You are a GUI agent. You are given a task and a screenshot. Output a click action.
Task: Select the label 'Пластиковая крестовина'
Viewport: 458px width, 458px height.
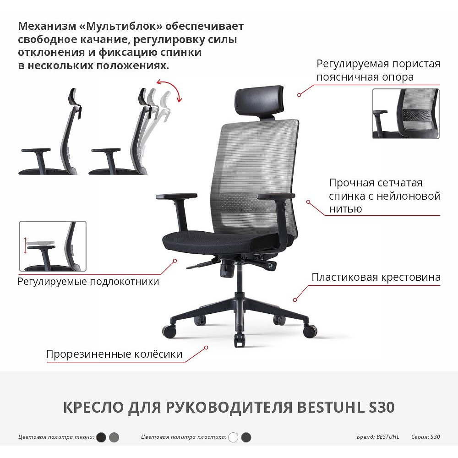point(376,277)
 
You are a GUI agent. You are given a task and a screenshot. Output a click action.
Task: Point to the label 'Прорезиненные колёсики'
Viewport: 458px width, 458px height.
point(114,354)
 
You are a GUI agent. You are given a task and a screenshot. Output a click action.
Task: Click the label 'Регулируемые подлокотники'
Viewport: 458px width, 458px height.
point(88,281)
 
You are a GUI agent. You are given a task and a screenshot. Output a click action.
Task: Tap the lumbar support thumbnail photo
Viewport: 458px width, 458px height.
point(406,114)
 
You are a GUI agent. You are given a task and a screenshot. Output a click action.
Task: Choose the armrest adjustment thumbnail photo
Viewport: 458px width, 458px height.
point(53,246)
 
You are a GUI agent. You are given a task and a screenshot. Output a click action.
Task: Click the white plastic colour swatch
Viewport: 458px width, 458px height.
point(233,437)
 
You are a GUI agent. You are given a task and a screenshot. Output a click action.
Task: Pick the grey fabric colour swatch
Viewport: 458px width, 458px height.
point(114,437)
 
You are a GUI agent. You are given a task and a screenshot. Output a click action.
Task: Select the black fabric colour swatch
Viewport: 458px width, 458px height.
point(102,437)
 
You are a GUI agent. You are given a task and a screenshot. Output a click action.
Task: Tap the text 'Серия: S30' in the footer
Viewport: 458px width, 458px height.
point(425,437)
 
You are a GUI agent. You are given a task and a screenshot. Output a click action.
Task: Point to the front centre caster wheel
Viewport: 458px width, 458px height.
point(239,339)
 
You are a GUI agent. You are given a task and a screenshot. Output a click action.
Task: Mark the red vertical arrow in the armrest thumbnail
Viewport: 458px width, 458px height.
point(25,245)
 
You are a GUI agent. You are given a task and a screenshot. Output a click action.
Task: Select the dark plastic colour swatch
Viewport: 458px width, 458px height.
point(246,437)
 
